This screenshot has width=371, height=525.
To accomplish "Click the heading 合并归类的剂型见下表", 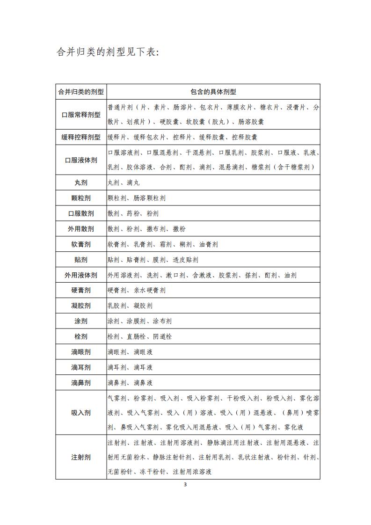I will (x=108, y=51).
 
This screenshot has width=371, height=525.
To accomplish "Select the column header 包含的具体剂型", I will (x=213, y=92).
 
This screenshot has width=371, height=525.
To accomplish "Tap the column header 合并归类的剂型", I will (x=81, y=92).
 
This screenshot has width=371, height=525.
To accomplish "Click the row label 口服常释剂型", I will (x=81, y=115).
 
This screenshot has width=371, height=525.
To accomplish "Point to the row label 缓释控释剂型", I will (x=81, y=138).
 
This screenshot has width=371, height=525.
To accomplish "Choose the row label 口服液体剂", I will (x=81, y=160).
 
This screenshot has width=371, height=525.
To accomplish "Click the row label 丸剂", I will (x=81, y=182).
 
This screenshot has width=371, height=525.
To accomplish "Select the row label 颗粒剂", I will (x=81, y=198).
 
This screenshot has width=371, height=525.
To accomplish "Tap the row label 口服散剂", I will (x=81, y=213).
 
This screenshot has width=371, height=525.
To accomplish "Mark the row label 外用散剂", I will (x=81, y=229).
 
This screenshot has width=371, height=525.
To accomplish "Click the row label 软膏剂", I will (x=81, y=244).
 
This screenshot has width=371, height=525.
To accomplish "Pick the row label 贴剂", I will (x=81, y=260).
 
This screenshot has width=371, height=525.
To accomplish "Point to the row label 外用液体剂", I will (x=81, y=275).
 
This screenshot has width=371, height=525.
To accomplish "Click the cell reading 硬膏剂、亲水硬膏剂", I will (x=136, y=291).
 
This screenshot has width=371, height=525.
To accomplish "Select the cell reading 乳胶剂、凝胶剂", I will (x=130, y=306).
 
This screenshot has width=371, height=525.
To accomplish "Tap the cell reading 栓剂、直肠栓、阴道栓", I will (x=139, y=337).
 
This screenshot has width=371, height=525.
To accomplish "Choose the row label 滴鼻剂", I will (x=81, y=383).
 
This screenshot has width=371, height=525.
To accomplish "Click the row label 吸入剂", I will (x=81, y=413).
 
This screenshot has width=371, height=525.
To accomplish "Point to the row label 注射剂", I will (x=81, y=457).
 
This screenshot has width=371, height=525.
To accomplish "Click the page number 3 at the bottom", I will (x=186, y=484).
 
